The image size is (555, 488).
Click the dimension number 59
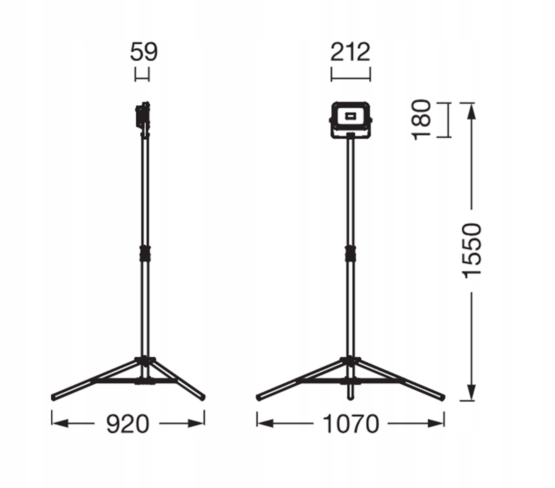coord(144,52)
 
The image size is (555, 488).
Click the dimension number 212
coord(350,52)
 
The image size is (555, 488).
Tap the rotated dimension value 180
coord(422,120)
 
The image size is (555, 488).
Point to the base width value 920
coord(127,424)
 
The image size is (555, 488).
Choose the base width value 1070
coord(351,424)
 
